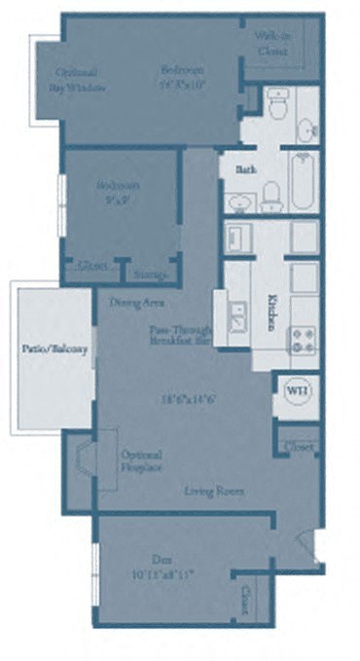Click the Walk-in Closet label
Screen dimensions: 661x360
(272, 43)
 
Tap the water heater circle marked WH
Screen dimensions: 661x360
(296, 389)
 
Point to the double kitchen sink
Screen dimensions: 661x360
(236, 316)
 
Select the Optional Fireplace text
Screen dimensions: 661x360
(142, 460)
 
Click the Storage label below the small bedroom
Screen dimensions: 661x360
(150, 275)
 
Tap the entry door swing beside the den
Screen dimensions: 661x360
(307, 545)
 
